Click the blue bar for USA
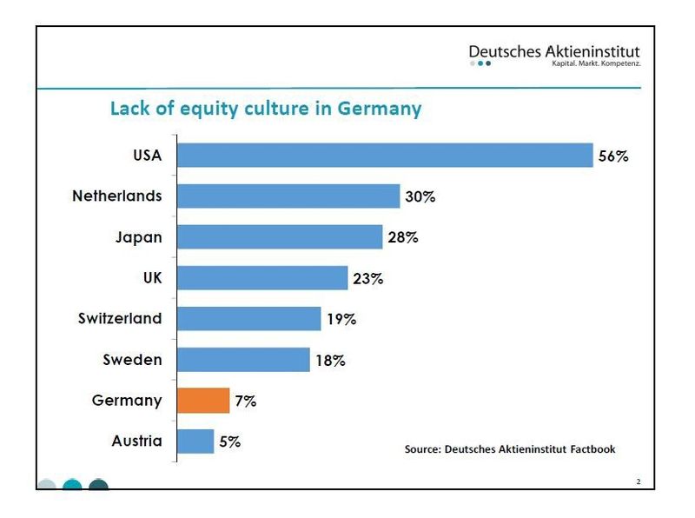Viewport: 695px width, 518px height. [385, 156]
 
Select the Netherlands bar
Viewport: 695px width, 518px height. [288, 196]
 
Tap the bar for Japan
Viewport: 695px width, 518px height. [280, 237]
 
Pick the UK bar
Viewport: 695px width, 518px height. [262, 278]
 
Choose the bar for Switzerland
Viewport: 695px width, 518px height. [249, 319]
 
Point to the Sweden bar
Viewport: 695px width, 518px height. [243, 360]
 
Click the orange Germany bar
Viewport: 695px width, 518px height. [203, 401]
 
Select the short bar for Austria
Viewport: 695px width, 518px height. [195, 442]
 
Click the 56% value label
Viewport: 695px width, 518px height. [612, 156]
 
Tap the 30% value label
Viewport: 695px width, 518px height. [420, 197]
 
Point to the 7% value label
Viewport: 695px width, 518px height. [245, 402]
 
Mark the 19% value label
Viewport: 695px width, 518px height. [341, 320]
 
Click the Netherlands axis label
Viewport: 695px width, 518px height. [117, 196]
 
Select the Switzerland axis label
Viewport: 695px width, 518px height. [120, 318]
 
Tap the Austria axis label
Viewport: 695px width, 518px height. [136, 441]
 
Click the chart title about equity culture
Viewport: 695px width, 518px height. [265, 109]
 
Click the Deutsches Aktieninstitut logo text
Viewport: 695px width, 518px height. [554, 52]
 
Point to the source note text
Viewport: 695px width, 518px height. [510, 449]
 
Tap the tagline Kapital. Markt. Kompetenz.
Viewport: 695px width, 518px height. [595, 63]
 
